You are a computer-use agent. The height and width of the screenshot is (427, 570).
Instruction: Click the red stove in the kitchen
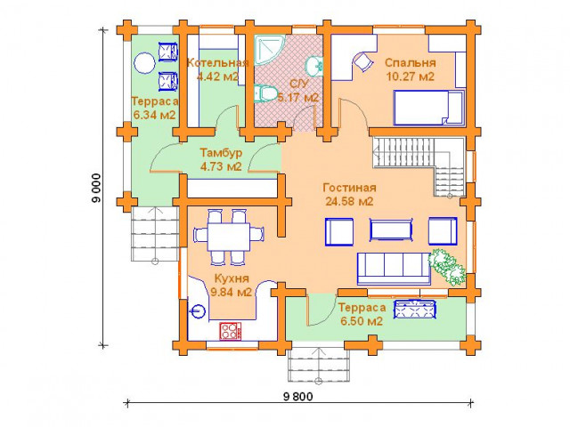[x=230, y=331]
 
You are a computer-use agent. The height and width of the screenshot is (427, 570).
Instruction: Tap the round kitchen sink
[x=198, y=311]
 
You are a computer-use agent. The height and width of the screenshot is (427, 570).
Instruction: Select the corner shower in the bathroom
[x=269, y=50]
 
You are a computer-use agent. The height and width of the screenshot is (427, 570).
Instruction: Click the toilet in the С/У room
[x=265, y=93]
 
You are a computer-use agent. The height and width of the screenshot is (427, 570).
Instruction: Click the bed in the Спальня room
[x=429, y=108]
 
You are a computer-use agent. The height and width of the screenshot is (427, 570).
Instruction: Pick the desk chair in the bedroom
[x=363, y=61]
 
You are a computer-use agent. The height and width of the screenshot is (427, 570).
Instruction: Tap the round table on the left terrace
[x=144, y=63]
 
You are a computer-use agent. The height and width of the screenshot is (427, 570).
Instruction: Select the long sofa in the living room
[x=394, y=269]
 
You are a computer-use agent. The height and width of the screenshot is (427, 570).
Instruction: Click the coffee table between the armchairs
[x=391, y=230]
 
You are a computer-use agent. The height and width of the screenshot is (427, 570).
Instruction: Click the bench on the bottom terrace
[x=416, y=309]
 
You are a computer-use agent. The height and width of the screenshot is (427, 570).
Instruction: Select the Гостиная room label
[x=349, y=188]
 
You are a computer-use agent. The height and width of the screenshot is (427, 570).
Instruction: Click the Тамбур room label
[x=221, y=152]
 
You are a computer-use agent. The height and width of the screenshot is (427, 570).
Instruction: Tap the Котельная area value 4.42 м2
[x=217, y=77]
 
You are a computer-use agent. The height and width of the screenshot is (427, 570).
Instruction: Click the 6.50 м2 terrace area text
[x=362, y=321]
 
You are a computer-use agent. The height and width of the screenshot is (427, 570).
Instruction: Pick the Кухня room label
[x=232, y=278]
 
